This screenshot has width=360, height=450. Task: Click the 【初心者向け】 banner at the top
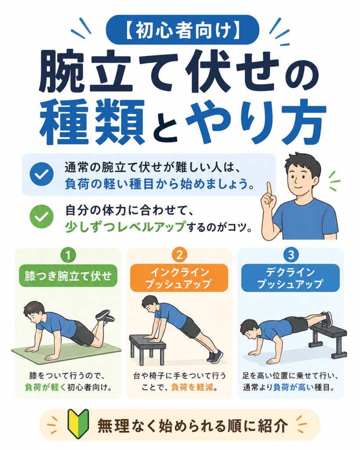point(182,29)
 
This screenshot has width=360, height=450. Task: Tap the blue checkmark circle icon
point(42,174)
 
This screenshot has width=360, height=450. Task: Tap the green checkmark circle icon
point(42,216)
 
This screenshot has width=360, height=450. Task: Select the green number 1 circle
point(68,254)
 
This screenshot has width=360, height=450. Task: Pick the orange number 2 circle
point(179,254)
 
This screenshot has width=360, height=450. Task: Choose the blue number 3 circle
point(291,254)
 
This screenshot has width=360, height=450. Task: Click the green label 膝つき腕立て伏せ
point(68,276)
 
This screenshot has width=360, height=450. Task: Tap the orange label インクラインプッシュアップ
point(179,278)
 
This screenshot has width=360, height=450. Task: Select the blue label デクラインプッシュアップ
point(290,278)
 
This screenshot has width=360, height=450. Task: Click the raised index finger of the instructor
point(269,189)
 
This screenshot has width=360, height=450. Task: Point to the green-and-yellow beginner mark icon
point(78,424)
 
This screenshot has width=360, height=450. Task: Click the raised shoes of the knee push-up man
point(105,316)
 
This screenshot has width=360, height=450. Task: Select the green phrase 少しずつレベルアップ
point(125,227)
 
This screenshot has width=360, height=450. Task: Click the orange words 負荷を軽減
point(192,388)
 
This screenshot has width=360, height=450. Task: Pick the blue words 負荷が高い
point(293,388)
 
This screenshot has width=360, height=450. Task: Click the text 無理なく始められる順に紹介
point(193,425)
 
